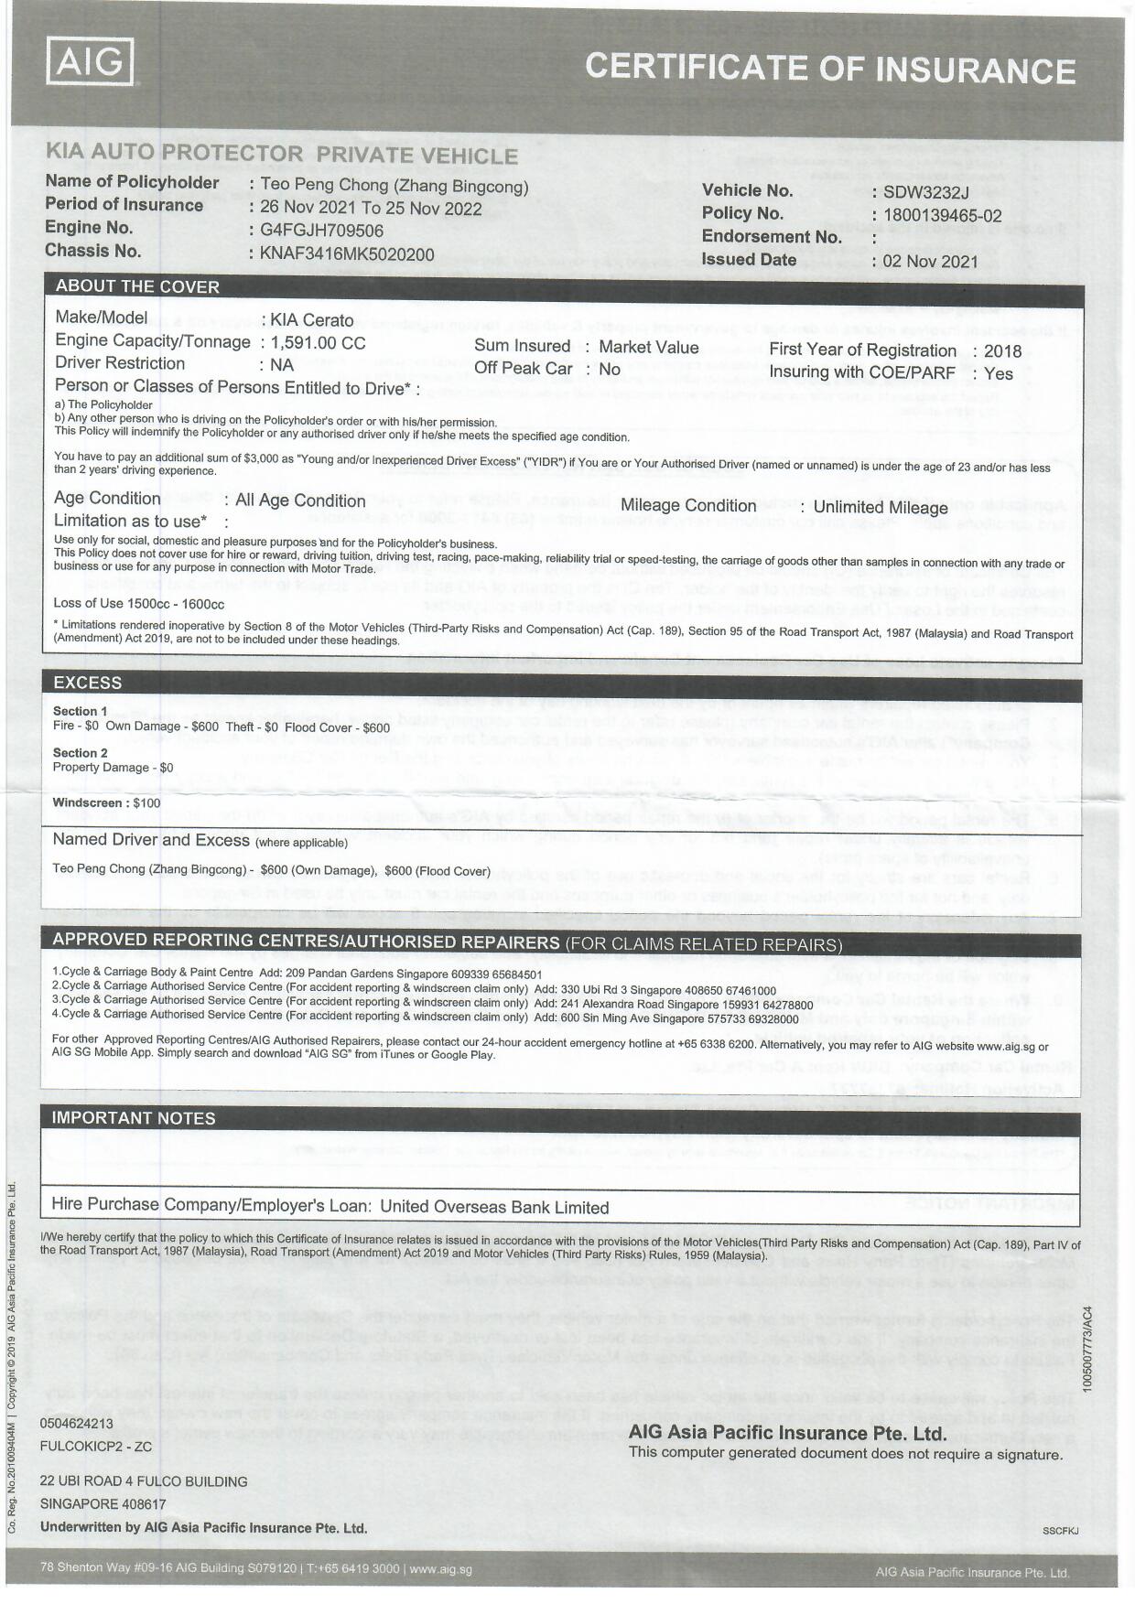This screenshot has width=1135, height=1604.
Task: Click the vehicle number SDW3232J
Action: tap(925, 192)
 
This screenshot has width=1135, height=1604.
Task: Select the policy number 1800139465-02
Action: tap(942, 216)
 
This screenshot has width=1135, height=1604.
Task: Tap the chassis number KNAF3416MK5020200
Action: tap(347, 254)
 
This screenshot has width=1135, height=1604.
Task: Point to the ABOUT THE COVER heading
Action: tap(137, 286)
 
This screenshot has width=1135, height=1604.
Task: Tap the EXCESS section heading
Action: tap(87, 683)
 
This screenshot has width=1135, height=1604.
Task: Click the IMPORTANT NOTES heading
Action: tap(134, 1118)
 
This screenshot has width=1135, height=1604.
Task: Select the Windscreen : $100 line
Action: tap(106, 803)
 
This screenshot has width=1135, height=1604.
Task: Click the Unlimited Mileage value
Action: tap(880, 508)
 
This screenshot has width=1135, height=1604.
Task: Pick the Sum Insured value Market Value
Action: tap(648, 348)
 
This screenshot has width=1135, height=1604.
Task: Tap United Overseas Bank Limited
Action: tap(494, 1207)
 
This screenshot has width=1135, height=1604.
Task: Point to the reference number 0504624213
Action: tap(76, 1424)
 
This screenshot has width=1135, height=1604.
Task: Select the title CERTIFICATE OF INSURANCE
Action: tap(830, 70)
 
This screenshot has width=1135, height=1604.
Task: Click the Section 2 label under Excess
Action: tap(81, 753)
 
